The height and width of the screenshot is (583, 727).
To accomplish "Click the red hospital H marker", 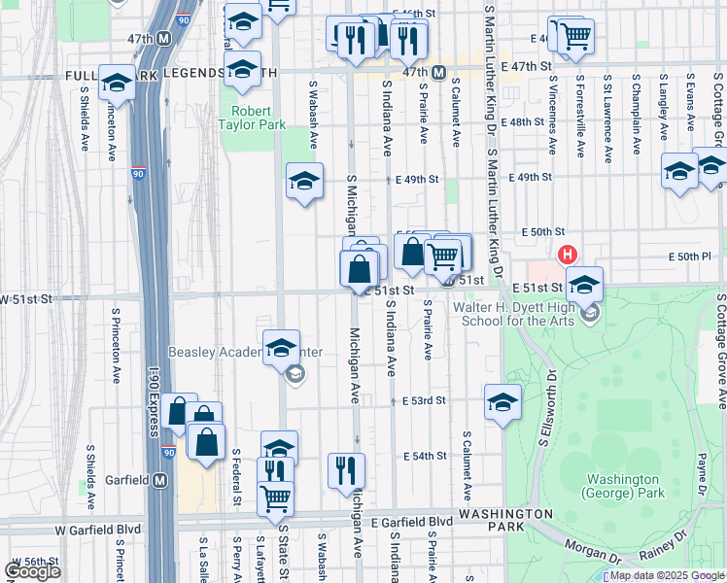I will (x=567, y=256).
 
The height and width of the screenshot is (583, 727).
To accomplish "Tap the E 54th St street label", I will (x=424, y=456).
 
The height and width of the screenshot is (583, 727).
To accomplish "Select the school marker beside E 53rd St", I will (x=502, y=401).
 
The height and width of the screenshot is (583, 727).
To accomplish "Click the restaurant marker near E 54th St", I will (x=346, y=470).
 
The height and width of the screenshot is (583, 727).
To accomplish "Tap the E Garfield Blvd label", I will (x=411, y=522).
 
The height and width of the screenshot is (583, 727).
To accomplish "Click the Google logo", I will (x=32, y=570).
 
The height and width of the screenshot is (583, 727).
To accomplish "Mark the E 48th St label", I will (x=526, y=121).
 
